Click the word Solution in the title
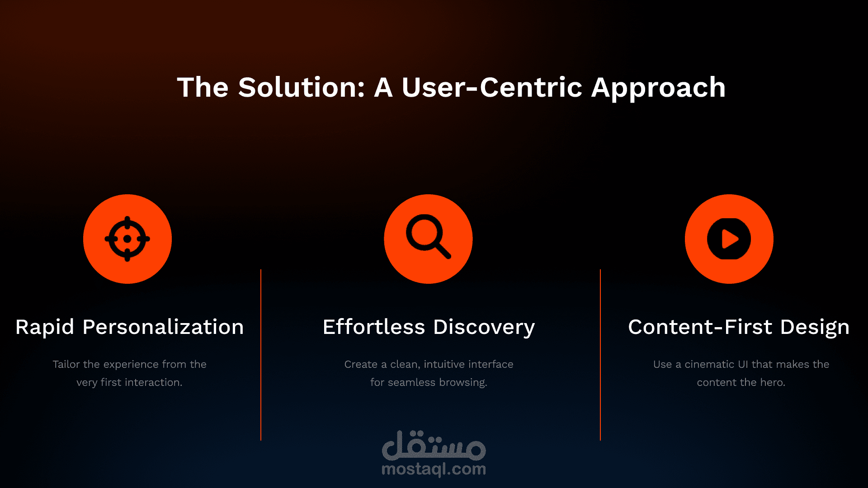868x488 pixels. pos(302,87)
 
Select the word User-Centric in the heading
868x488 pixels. pos(492,87)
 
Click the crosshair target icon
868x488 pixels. pos(127,239)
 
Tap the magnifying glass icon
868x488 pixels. pos(428,236)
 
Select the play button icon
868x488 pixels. pos(729,239)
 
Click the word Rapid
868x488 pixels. pos(45,327)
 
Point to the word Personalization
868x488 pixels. pos(163,327)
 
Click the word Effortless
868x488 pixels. pos(374,327)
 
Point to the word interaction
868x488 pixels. pos(154,382)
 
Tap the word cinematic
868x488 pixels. pos(709,364)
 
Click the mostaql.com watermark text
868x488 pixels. pos(434,469)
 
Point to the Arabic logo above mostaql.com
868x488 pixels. pos(434,445)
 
